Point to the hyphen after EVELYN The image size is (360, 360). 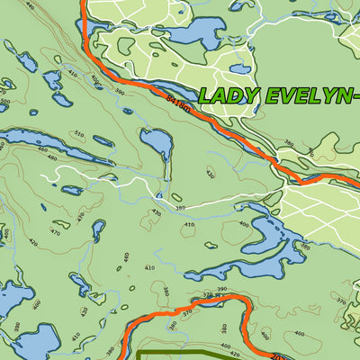tap(355, 95)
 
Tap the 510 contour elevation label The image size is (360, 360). tap(78, 135)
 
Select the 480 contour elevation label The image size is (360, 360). tap(51, 158)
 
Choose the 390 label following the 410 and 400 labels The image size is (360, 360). tap(120, 92)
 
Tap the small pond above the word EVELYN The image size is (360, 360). tap(240, 67)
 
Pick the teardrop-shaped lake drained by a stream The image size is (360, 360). tap(156, 141)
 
